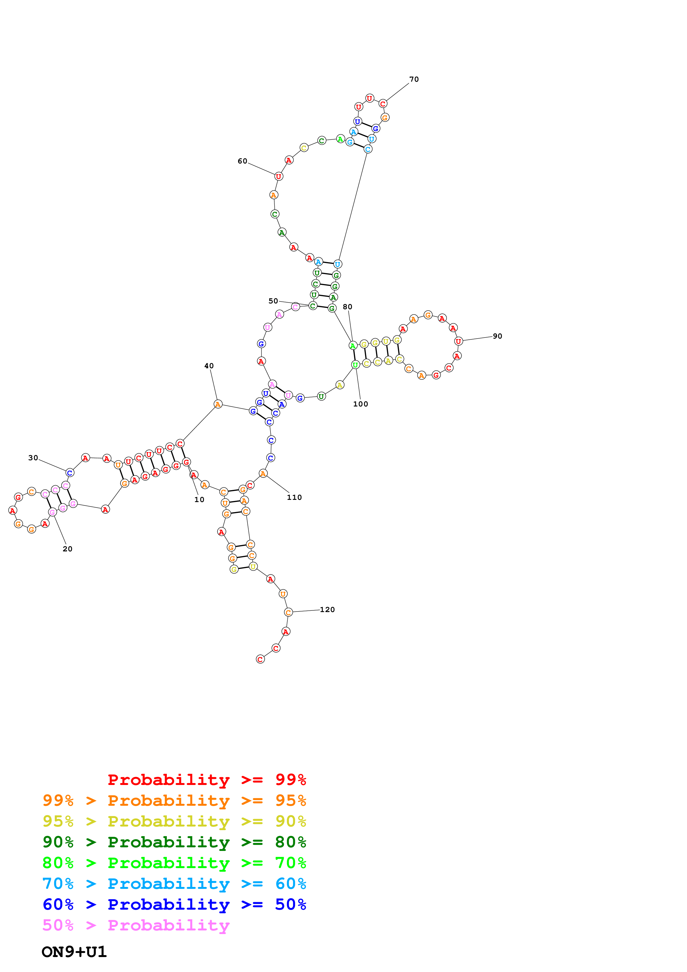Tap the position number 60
pos(242,161)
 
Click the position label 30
pos(33,458)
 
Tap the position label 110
pos(294,497)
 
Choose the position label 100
pos(360,404)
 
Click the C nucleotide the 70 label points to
pos(383,104)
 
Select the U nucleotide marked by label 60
pos(278,177)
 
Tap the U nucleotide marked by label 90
pos(458,341)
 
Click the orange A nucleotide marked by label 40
pos(218,404)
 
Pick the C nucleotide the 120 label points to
pos(288,612)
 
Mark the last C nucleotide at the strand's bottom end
pos(260,659)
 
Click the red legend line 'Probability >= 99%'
pos(206,780)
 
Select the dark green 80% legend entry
pos(174,842)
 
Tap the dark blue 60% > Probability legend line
pos(174,904)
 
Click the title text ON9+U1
pos(74,952)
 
